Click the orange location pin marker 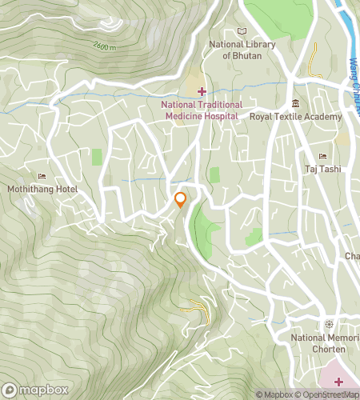[x=181, y=199]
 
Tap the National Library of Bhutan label [x=242, y=50]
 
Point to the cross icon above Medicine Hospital [x=202, y=91]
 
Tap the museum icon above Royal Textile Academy [x=296, y=102]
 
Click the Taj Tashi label [x=323, y=169]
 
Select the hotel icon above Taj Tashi [x=322, y=156]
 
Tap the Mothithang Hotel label [x=42, y=190]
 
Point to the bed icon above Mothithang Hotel [x=42, y=177]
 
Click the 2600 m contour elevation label [x=105, y=46]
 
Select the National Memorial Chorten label [x=325, y=343]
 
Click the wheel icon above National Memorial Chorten [x=328, y=324]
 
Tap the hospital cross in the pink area [x=338, y=381]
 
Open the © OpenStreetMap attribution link [x=330, y=394]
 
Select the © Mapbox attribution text [x=276, y=394]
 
